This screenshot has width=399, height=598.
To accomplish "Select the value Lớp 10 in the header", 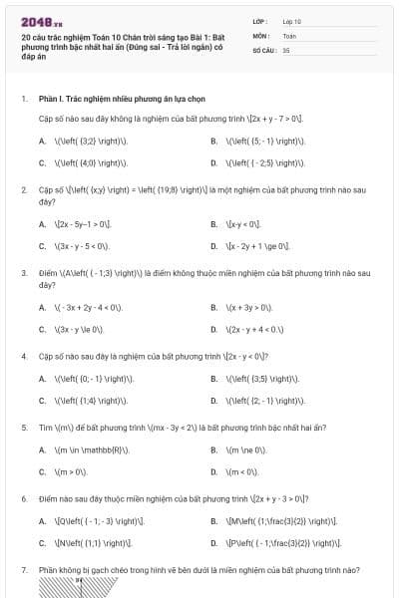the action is pyautogui.click(x=292, y=20).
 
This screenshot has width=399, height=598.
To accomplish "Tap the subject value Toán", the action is pyautogui.click(x=290, y=34).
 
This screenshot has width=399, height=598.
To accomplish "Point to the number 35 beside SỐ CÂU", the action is pyautogui.click(x=287, y=49).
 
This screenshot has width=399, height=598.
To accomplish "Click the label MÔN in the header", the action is pyautogui.click(x=262, y=34).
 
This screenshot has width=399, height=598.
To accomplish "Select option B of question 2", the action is pyautogui.click(x=240, y=224).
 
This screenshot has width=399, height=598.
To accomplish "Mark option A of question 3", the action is pyautogui.click(x=81, y=308).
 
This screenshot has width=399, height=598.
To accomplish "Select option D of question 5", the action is pyautogui.click(x=240, y=470).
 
